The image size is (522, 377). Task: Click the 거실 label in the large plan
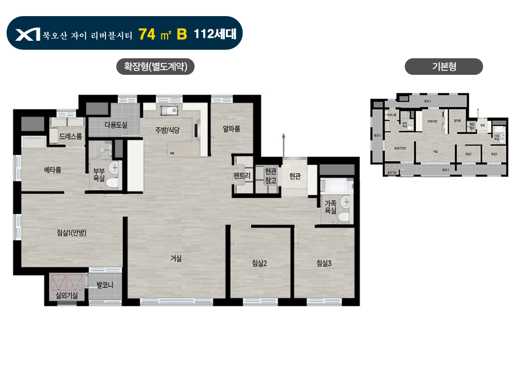pyautogui.click(x=176, y=259)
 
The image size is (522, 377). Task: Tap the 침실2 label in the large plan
pyautogui.click(x=260, y=264)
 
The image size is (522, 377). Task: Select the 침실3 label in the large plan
pyautogui.click(x=324, y=264)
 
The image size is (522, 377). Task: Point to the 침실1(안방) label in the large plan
pyautogui.click(x=71, y=233)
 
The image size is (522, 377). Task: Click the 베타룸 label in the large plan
pyautogui.click(x=53, y=170)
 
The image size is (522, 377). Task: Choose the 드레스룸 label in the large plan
pyautogui.click(x=71, y=136)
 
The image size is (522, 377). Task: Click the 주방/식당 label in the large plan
pyautogui.click(x=167, y=130)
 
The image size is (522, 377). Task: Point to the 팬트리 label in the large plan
pyautogui.click(x=242, y=176)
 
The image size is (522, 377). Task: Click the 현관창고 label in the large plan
pyautogui.click(x=270, y=176)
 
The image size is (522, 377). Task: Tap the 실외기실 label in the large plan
pyautogui.click(x=67, y=296)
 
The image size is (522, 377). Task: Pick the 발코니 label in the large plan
pyautogui.click(x=104, y=285)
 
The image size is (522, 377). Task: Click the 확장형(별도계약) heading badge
pyautogui.click(x=156, y=67)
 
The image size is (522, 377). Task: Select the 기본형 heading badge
pyautogui.click(x=444, y=67)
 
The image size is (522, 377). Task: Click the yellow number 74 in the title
pyautogui.click(x=148, y=34)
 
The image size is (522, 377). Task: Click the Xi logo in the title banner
pyautogui.click(x=28, y=35)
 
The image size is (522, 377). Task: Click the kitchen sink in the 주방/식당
pyautogui.click(x=169, y=112)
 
